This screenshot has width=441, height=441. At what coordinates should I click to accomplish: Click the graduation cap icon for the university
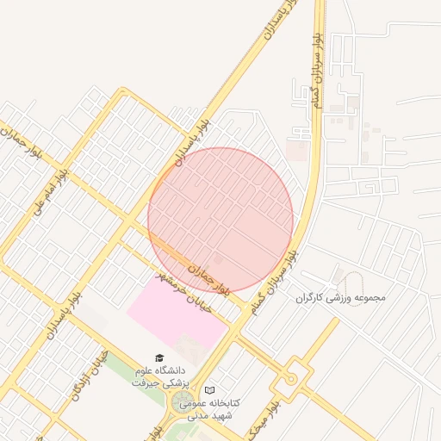click(x=158, y=357)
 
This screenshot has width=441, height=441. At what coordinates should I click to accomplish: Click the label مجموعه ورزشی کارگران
click(x=341, y=298)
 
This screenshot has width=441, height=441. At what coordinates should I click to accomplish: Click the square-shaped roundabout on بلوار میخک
click(x=292, y=376)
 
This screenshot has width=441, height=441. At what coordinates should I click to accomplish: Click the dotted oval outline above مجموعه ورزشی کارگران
click(x=349, y=279)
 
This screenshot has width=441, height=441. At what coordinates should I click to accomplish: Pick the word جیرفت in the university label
click(x=146, y=382)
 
